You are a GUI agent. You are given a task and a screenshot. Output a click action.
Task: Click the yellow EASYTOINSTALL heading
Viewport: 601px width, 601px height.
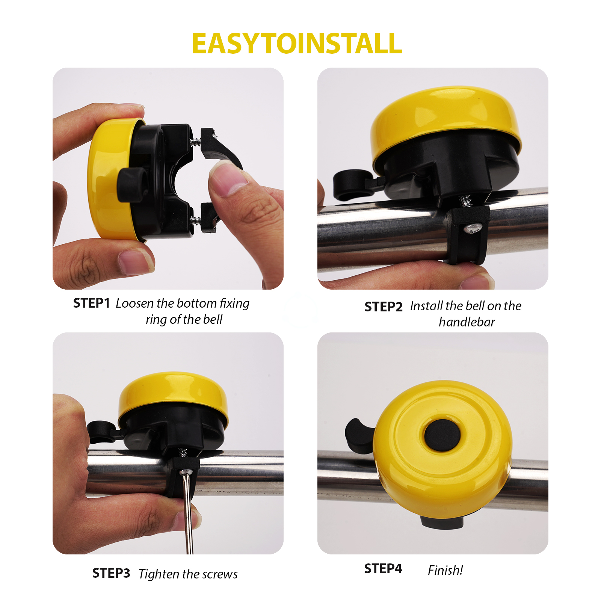click(x=297, y=44)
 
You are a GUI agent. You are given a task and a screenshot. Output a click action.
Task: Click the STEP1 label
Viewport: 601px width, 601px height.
click(x=91, y=303)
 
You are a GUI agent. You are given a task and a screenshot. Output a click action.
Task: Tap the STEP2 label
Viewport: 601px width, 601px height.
click(x=383, y=307)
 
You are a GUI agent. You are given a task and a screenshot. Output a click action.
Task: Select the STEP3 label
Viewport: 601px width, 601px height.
click(x=111, y=573)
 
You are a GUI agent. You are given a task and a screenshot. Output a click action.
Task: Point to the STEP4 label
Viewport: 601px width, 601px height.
click(x=383, y=569)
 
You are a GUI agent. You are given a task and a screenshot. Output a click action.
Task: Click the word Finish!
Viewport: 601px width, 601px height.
click(x=445, y=570)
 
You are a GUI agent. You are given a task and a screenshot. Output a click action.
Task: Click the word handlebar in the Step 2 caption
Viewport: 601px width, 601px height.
click(x=467, y=322)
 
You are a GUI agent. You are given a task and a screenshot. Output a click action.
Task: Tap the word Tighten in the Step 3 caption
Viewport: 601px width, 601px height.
click(x=160, y=574)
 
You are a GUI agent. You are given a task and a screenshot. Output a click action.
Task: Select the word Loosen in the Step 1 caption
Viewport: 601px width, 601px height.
click(x=134, y=303)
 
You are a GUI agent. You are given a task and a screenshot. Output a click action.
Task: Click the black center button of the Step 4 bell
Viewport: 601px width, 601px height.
click(x=442, y=435)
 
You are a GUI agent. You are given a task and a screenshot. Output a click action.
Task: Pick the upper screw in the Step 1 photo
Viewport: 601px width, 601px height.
click(x=196, y=142)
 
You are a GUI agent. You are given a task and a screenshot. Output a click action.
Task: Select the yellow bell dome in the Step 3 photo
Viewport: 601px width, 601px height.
click(x=173, y=391)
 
